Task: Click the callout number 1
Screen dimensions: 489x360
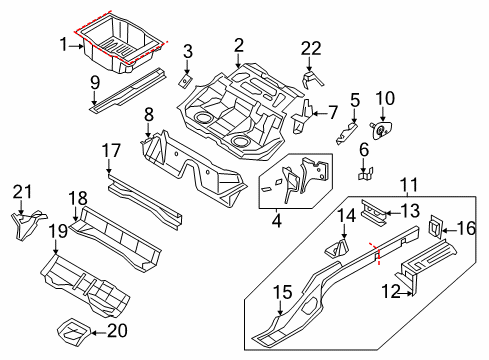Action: tap(64, 44)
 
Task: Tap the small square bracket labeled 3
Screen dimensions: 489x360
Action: tap(185, 81)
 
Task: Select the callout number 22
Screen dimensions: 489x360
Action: tap(311, 49)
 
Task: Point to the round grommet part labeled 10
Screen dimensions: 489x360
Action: tap(381, 130)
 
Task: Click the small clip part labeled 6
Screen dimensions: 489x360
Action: tap(365, 174)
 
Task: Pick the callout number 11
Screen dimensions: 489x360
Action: tap(409, 185)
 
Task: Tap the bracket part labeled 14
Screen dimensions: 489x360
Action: tap(337, 248)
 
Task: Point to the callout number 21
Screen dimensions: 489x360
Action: tap(23, 192)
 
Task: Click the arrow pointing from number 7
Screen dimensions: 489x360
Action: tap(320, 114)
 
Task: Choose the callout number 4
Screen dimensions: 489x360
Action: tap(277, 221)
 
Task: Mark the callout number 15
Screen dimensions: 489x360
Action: tap(283, 293)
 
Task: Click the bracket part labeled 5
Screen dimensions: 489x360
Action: tap(347, 134)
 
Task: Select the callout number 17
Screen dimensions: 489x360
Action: tap(111, 151)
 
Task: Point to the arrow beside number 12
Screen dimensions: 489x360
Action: tap(407, 293)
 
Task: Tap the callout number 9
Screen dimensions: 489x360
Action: tap(95, 82)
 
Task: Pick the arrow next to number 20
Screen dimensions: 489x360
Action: tap(98, 332)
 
